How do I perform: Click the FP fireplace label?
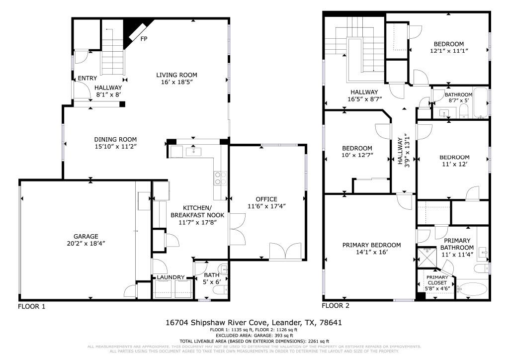coord(144,39)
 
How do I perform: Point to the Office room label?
coord(266,199)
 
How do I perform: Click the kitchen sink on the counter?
coord(191,150)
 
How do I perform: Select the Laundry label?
coord(171,277)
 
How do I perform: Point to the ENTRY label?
coord(87,78)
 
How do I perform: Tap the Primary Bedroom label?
coord(371,245)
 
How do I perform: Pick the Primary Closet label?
coord(437,280)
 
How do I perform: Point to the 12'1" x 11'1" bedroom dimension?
coord(449,51)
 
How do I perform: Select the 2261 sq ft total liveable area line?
coord(254,341)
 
